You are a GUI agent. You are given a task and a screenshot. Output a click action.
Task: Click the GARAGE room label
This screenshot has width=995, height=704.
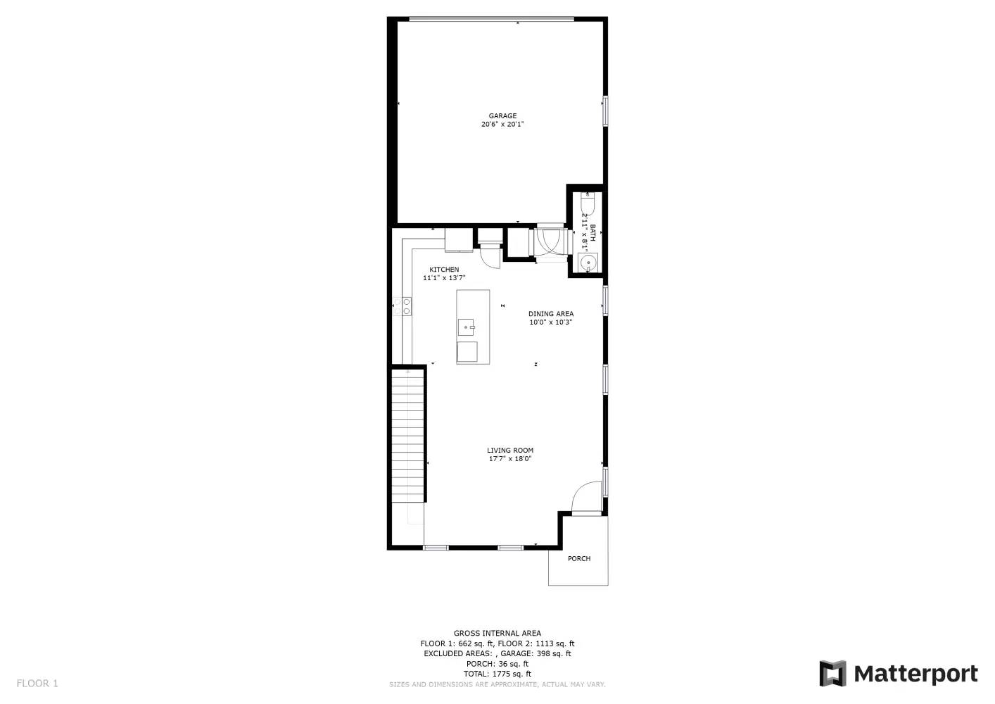502,116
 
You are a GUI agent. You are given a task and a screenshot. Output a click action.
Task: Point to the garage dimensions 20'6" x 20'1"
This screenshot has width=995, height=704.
502,125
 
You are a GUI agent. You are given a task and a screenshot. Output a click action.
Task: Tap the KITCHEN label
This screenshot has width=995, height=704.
444,270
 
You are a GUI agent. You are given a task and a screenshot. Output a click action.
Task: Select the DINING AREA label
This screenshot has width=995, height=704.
551,314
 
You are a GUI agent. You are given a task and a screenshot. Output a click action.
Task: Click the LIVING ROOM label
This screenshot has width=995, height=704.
510,451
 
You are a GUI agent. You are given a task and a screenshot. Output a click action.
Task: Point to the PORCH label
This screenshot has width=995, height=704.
579,559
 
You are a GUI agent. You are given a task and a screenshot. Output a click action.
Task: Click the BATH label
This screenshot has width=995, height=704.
592,233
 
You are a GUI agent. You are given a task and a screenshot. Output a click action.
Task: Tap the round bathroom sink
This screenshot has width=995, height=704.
588,262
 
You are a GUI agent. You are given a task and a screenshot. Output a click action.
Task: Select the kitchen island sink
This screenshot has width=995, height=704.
467,327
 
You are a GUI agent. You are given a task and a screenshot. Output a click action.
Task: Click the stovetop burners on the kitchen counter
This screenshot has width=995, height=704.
402,307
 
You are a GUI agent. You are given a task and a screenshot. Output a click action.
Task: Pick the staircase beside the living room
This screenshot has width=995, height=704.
407,436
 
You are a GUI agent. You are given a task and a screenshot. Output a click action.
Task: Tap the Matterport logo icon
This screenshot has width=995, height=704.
832,673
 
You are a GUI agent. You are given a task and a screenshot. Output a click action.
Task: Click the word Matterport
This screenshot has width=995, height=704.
916,674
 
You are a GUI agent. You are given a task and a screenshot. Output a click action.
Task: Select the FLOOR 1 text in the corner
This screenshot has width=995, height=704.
37,684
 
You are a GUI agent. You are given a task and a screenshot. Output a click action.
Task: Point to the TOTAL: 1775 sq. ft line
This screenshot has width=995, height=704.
497,674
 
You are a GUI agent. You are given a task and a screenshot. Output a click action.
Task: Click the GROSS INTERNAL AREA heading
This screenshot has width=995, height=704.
497,634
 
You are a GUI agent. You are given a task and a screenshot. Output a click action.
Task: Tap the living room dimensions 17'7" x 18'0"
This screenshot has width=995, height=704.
510,459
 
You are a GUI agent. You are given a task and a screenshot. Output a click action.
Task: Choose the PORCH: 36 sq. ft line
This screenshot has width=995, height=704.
497,664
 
